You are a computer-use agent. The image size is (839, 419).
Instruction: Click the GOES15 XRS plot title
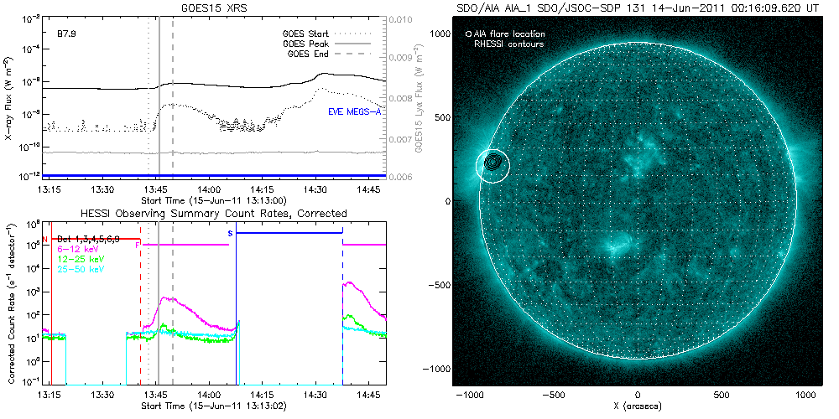click(216, 8)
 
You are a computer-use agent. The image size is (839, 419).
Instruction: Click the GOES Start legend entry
click(306, 34)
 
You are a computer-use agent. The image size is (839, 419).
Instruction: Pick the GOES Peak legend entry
click(306, 42)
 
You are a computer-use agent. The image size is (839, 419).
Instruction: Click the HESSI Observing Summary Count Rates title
click(216, 214)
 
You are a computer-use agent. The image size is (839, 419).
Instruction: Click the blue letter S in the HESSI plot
click(230, 230)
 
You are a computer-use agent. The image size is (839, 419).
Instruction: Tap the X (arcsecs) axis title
click(639, 406)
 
